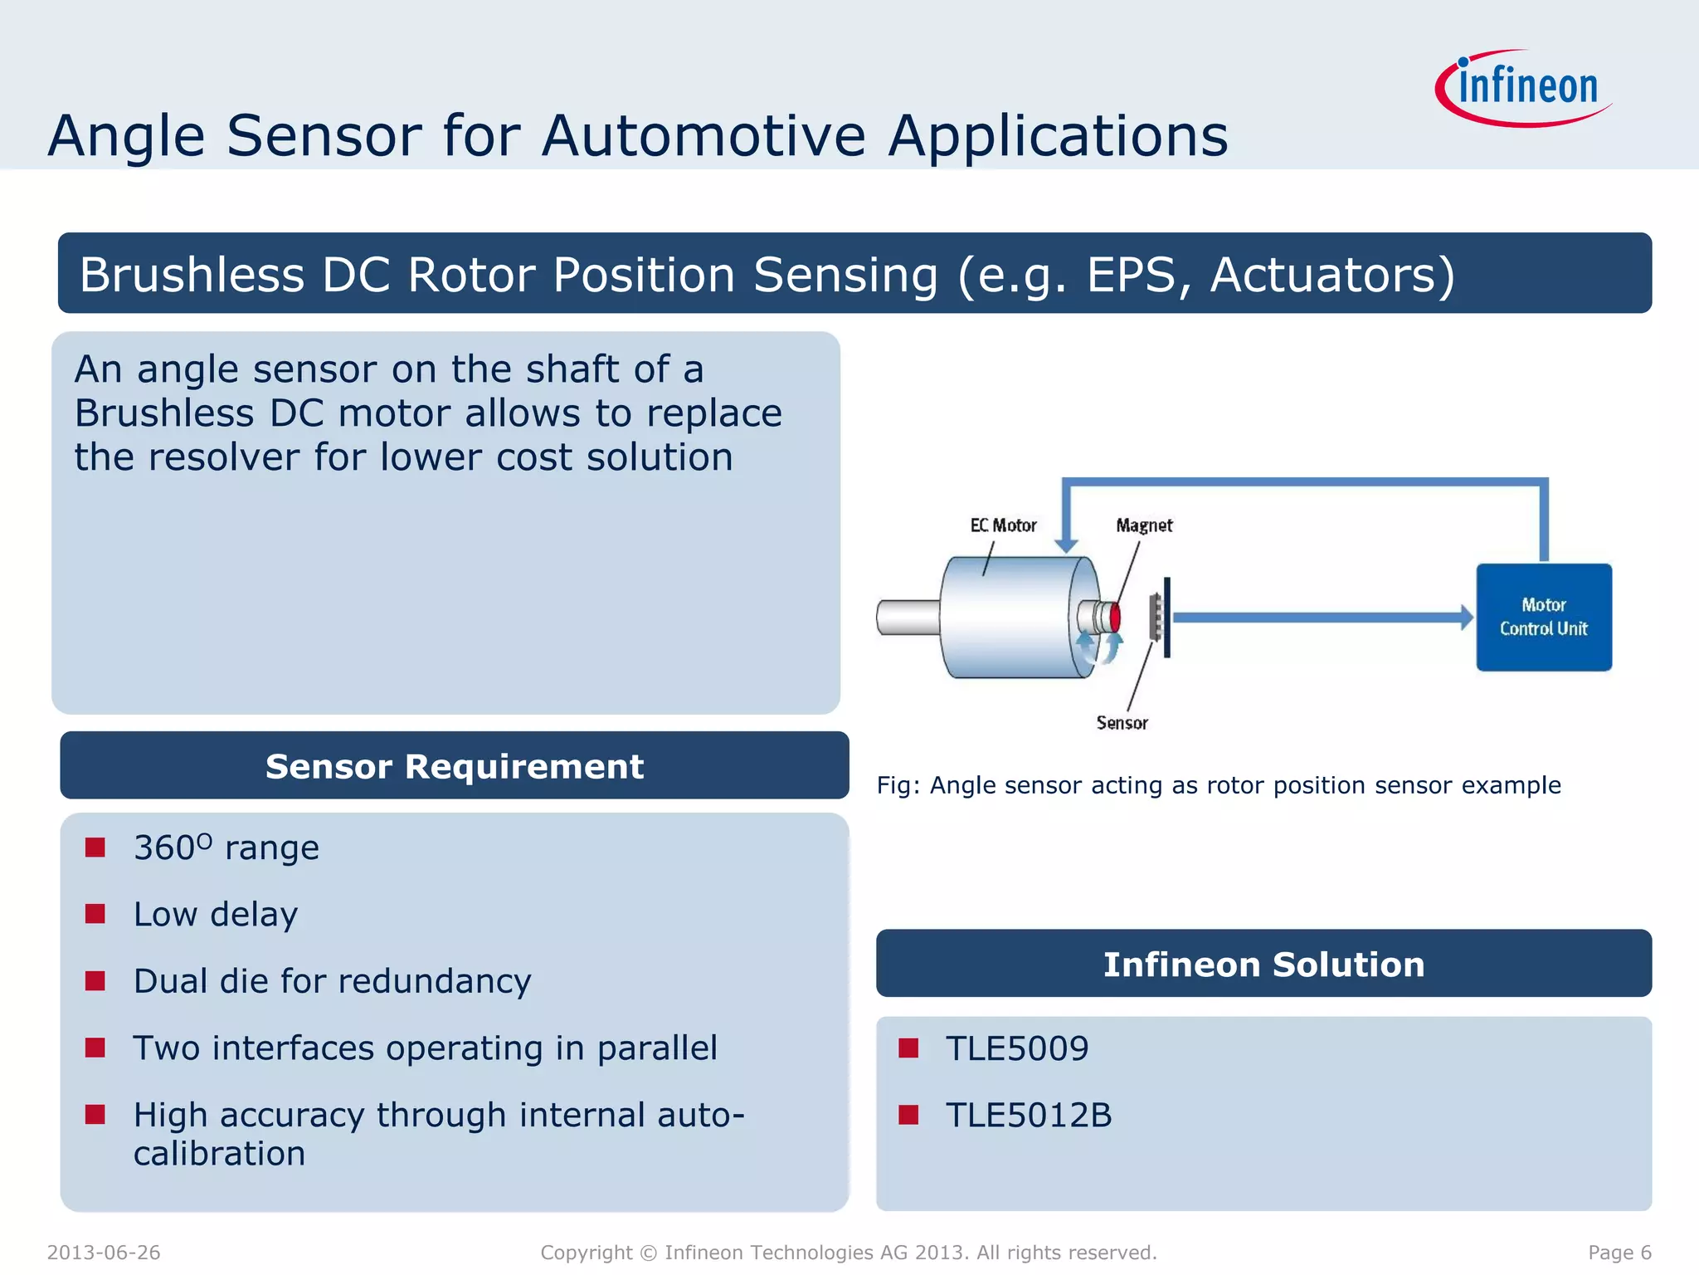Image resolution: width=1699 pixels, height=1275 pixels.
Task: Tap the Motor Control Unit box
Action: (x=1543, y=617)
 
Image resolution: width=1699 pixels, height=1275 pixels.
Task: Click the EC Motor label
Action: (x=1003, y=525)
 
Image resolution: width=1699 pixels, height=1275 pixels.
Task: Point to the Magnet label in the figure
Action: (x=1144, y=525)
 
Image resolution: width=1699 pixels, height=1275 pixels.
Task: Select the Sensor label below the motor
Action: (x=1122, y=723)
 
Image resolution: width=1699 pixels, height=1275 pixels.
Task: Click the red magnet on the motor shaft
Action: (x=1115, y=618)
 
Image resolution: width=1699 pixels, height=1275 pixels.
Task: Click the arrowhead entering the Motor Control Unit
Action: (x=1466, y=617)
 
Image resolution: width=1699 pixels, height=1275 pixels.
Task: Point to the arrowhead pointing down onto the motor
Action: (x=1066, y=545)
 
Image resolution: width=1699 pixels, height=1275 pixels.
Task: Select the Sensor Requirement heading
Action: (x=454, y=766)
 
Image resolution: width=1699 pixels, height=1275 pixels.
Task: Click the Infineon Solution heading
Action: (x=1263, y=965)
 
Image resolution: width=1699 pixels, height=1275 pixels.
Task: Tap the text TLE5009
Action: (x=1016, y=1048)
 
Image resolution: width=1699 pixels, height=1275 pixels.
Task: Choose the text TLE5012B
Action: (x=1028, y=1115)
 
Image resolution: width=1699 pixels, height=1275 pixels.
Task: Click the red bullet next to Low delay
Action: (x=95, y=914)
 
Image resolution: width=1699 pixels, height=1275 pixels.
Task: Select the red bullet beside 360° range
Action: (x=95, y=848)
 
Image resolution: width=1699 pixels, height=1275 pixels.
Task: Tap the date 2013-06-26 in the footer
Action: (x=104, y=1253)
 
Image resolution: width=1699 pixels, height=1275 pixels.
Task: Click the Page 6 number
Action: (x=1619, y=1253)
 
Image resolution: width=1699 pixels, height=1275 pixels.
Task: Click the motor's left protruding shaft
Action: (x=908, y=618)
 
